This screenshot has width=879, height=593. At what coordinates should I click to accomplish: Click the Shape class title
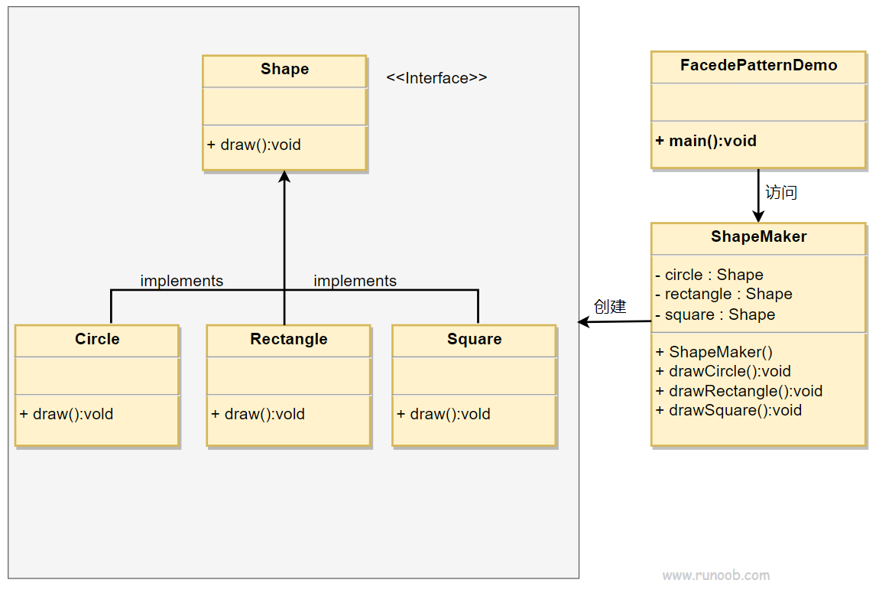(x=285, y=69)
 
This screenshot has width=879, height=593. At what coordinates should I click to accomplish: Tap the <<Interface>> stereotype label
(x=436, y=78)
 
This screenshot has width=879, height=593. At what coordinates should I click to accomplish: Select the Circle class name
(x=98, y=339)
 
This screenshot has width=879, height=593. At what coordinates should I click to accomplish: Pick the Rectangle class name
(x=289, y=339)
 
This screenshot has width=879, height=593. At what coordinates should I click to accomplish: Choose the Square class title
(x=474, y=339)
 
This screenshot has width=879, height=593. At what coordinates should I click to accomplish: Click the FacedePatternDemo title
(x=758, y=65)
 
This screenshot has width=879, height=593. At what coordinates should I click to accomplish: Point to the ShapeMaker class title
(x=758, y=236)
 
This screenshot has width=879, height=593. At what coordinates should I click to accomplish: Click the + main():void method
(x=705, y=141)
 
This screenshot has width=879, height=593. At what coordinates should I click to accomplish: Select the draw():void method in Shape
(x=254, y=145)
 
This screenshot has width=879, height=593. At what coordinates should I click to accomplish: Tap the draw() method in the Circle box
(x=66, y=414)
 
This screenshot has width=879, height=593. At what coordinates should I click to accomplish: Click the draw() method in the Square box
(x=443, y=414)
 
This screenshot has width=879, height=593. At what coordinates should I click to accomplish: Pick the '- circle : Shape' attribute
(x=709, y=275)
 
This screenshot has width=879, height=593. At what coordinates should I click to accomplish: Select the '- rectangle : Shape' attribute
(x=724, y=294)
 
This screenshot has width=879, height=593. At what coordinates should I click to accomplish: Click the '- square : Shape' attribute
(x=715, y=314)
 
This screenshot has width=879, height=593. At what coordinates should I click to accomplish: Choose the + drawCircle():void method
(x=723, y=371)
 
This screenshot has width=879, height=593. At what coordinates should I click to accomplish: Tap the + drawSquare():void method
(x=728, y=411)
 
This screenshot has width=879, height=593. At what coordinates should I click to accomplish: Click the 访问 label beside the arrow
(x=781, y=193)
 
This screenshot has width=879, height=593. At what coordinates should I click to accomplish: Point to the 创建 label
(x=610, y=306)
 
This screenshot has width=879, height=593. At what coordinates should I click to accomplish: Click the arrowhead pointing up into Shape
(x=284, y=177)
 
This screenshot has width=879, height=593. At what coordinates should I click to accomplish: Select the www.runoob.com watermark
(x=716, y=575)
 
